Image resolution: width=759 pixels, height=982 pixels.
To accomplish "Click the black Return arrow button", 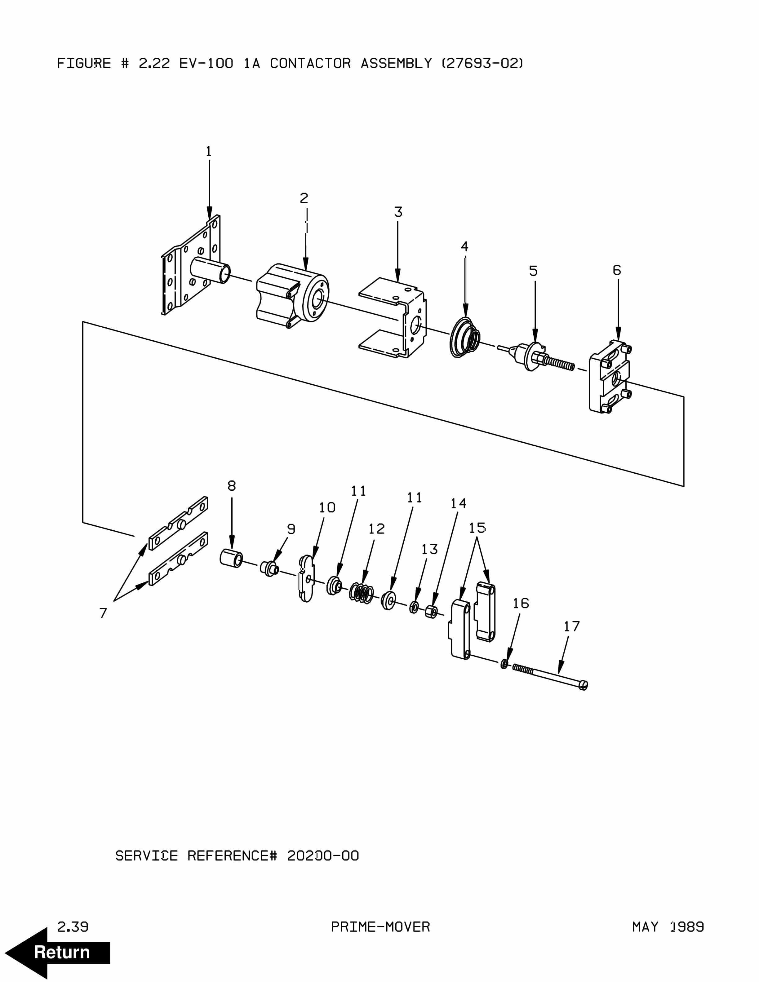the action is click(x=58, y=952).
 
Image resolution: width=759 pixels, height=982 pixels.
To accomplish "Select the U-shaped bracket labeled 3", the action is click(x=393, y=317).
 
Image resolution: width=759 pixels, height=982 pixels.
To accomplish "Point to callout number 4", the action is click(x=464, y=246).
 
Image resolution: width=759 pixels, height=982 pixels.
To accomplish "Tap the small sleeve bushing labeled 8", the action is click(x=231, y=559).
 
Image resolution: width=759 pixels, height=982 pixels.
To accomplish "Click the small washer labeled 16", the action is click(x=504, y=664).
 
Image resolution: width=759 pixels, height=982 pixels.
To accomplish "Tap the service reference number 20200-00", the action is click(x=323, y=855).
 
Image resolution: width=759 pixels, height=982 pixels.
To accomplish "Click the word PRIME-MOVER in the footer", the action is click(x=380, y=927).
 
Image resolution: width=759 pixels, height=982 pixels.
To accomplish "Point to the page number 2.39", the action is click(x=73, y=927).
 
